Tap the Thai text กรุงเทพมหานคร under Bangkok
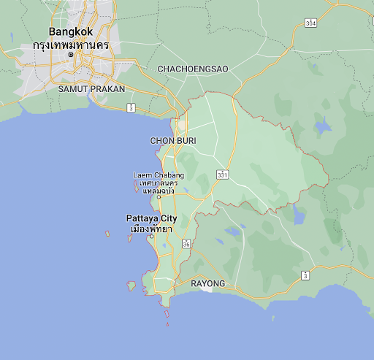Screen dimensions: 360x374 pos(70,45)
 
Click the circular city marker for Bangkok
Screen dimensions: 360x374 pos(71,55)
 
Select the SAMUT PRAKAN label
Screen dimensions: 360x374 pos(91,88)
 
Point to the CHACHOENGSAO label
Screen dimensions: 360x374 pos(193,69)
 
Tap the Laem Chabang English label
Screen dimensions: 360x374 pos(159,175)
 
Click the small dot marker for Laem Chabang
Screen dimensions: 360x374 pos(159,196)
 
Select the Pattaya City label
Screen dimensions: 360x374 pos(151,218)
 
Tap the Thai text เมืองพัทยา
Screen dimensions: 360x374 pos(150,229)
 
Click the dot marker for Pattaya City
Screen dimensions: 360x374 pos(151,236)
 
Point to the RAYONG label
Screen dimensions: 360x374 pos(207,283)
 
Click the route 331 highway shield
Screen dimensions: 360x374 pos(221,175)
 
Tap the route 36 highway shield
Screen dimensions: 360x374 pos(187,245)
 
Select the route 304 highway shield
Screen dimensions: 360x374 pos(310,24)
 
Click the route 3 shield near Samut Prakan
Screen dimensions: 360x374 pos(130,108)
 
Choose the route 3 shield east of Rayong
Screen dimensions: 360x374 pos(305,275)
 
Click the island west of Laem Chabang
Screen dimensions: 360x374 pos(137,186)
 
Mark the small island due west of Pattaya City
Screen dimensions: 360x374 pos(107,234)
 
